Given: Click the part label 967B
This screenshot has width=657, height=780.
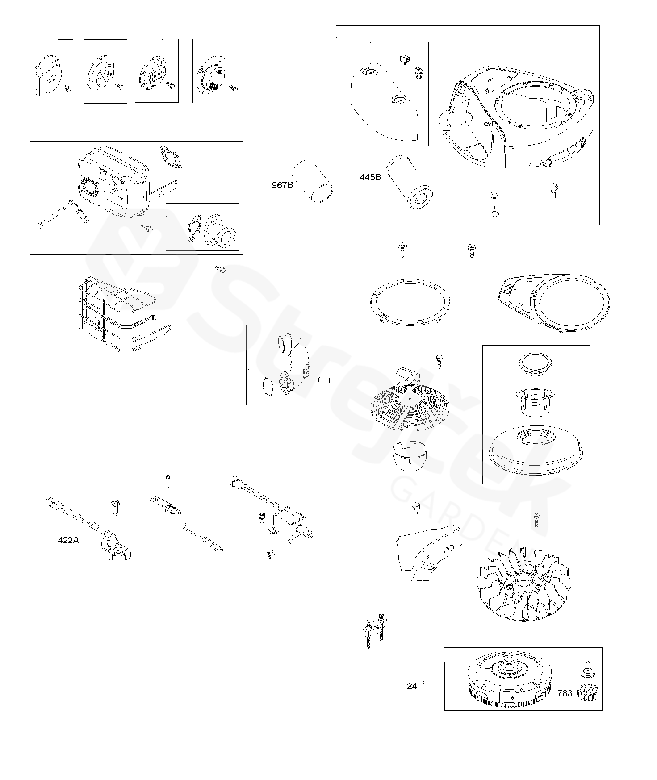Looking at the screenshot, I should click(282, 185).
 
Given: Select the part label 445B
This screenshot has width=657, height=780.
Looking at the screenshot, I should click(370, 177).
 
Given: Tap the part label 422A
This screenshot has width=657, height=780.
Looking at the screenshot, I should click(68, 541).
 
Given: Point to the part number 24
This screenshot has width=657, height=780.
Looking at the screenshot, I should click(411, 686).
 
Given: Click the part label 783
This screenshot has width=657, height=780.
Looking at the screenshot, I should click(565, 693).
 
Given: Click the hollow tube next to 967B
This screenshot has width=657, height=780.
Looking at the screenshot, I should click(312, 182).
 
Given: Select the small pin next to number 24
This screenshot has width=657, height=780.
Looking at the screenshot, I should click(423, 686).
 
